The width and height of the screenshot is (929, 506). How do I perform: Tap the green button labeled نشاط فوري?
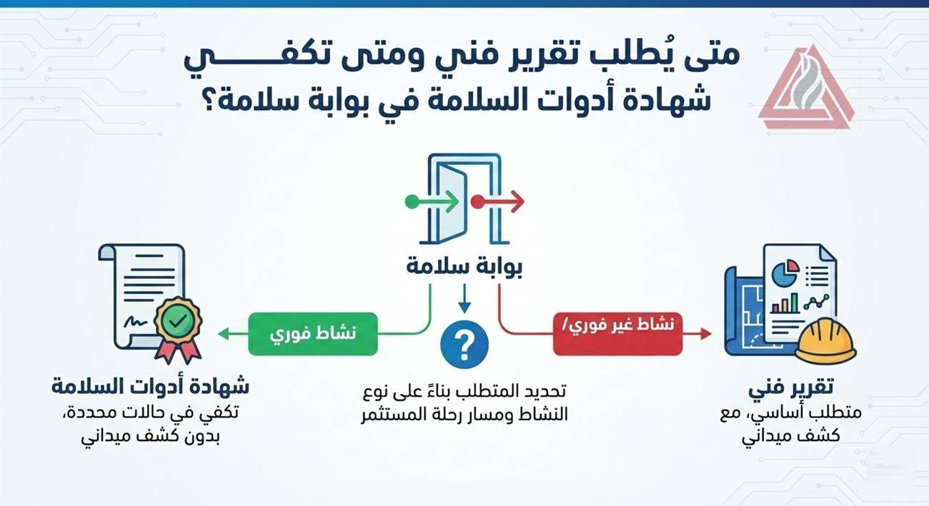point(312,333)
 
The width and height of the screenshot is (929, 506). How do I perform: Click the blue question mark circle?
point(464,345)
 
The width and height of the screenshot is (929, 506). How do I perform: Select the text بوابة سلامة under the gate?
point(464,267)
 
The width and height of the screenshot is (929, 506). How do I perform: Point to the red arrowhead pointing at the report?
point(706,333)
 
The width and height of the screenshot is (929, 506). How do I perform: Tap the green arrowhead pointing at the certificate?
point(224,333)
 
